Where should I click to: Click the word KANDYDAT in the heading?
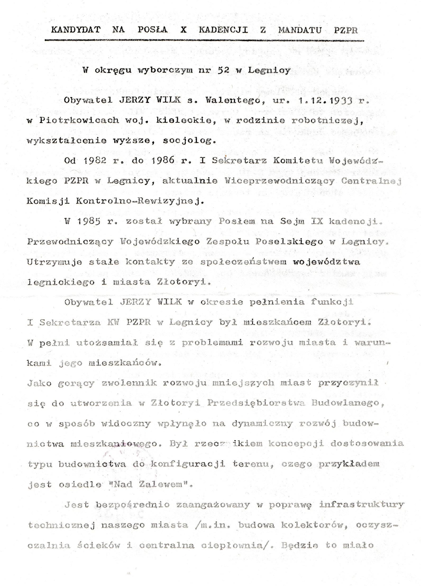click(x=76, y=30)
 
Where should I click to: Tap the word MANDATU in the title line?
click(x=300, y=30)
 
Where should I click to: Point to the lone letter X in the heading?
click(x=183, y=30)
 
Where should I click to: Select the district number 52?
click(x=224, y=71)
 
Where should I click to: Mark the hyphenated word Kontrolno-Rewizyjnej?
click(x=140, y=201)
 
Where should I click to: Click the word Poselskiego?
click(x=289, y=241)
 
